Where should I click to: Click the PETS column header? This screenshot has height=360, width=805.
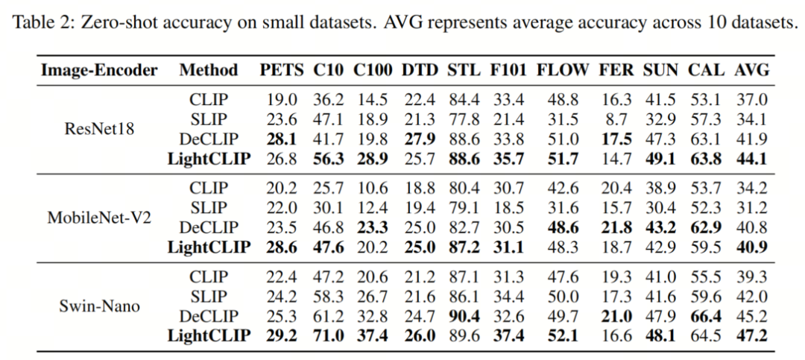282,70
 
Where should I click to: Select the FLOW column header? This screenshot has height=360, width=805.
563,70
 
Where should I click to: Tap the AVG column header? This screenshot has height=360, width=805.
752,70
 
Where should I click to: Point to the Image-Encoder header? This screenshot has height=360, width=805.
99,71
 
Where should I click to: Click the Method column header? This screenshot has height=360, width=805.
209,70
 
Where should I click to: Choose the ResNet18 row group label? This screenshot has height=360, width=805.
99,128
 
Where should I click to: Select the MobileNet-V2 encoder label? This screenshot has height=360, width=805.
99,218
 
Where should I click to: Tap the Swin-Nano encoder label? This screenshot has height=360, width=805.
99,306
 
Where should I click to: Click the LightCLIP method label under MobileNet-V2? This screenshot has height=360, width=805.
209,247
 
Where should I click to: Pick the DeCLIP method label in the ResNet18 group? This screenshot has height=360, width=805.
209,139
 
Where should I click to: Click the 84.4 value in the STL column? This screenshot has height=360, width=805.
464,100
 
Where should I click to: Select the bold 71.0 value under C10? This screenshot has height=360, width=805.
329,336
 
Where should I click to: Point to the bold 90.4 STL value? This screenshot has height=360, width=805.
464,316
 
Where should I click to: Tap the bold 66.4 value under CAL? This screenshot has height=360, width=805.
705,316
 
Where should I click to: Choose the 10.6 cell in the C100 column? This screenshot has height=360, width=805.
373,188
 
